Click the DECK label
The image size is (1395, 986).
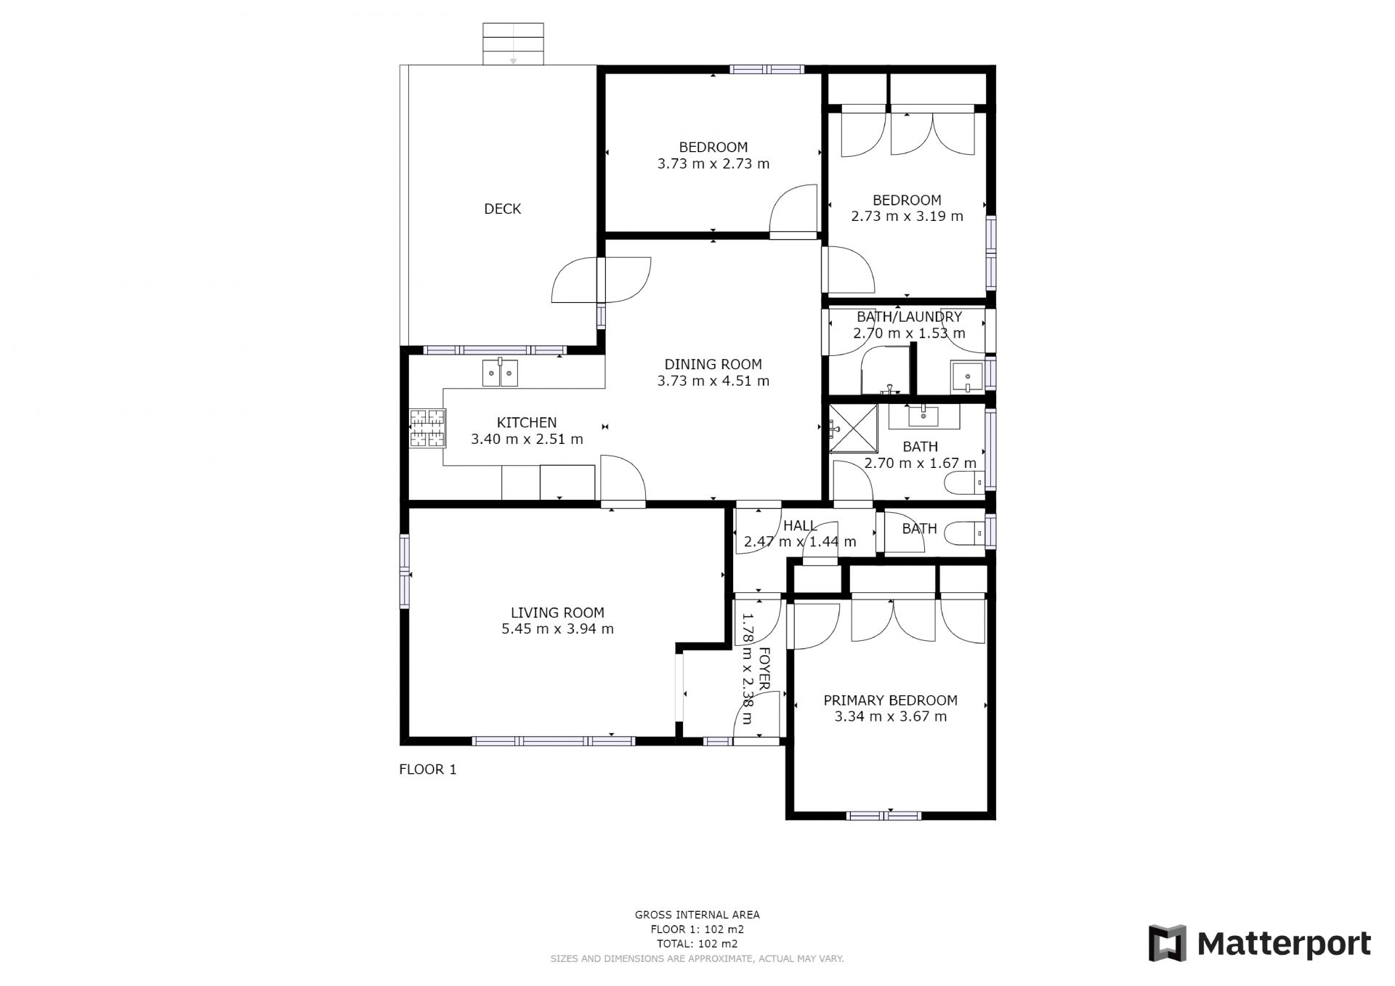pyautogui.click(x=502, y=209)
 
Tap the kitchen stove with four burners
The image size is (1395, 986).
pyautogui.click(x=427, y=428)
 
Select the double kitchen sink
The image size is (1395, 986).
pyautogui.click(x=500, y=373)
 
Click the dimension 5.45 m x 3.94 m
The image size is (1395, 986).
pyautogui.click(x=557, y=629)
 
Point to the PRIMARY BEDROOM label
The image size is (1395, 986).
pyautogui.click(x=890, y=700)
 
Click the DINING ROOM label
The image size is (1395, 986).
pyautogui.click(x=713, y=365)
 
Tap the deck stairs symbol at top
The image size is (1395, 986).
pyautogui.click(x=513, y=44)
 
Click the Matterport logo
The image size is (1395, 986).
pyautogui.click(x=1260, y=944)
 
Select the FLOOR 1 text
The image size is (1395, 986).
pyautogui.click(x=428, y=769)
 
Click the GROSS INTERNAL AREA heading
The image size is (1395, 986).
pyautogui.click(x=697, y=915)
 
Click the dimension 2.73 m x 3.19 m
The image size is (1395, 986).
pyautogui.click(x=907, y=217)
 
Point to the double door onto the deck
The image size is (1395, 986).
pyautogui.click(x=601, y=280)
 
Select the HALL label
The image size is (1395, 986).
pyautogui.click(x=799, y=526)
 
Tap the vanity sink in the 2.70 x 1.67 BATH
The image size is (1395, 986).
pyautogui.click(x=923, y=417)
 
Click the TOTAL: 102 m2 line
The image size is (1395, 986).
pyautogui.click(x=697, y=944)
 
